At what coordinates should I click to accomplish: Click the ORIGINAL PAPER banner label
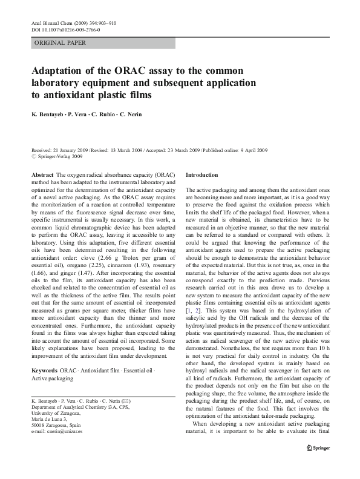[60, 43]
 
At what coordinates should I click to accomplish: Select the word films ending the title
[135, 95]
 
